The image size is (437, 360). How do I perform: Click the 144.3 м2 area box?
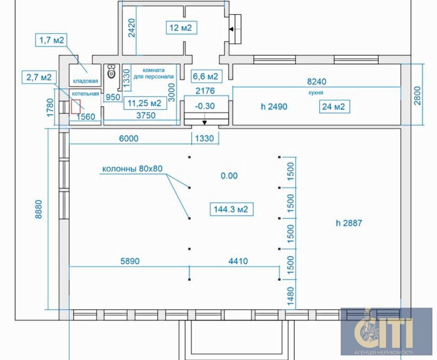(x=231, y=209)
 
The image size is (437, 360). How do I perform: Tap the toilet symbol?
(x=111, y=71)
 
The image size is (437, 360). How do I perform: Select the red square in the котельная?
(x=76, y=107)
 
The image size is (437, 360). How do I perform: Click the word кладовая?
(x=86, y=81)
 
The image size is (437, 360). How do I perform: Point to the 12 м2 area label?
(x=182, y=28)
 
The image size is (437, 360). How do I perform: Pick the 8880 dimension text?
(x=39, y=209)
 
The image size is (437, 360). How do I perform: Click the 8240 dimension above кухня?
(x=316, y=81)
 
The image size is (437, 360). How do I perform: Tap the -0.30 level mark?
(x=205, y=106)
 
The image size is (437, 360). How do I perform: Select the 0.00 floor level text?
(x=229, y=176)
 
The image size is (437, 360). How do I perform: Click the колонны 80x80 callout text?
(x=133, y=169)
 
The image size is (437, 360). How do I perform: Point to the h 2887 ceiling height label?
(x=349, y=223)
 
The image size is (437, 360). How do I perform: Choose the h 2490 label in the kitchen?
(x=274, y=106)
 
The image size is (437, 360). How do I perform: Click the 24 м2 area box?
(x=334, y=107)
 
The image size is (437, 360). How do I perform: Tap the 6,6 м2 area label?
(x=206, y=76)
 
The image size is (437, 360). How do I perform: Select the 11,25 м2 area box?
(x=145, y=103)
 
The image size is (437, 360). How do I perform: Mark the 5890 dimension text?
(x=130, y=261)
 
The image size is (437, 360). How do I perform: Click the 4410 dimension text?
(x=238, y=261)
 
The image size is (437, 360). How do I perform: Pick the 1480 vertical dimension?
(x=290, y=296)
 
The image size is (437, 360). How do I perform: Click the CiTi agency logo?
(x=386, y=332)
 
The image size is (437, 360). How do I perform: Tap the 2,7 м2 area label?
(x=39, y=77)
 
